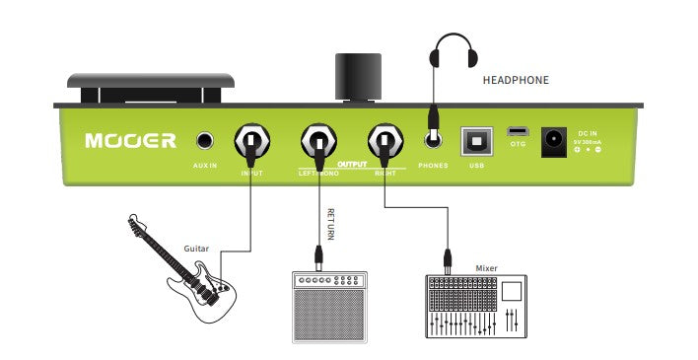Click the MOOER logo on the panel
click(x=130, y=140)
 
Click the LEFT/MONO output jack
click(x=318, y=140)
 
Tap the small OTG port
click(x=518, y=131)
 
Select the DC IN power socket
click(x=554, y=140)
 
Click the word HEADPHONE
click(x=516, y=80)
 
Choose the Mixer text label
click(x=487, y=266)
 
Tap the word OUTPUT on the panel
click(x=352, y=165)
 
